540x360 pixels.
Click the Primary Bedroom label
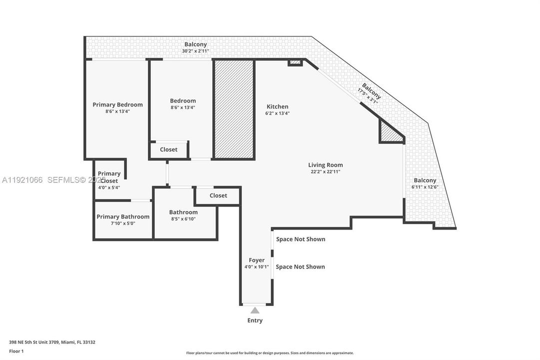pyautogui.click(x=117, y=104)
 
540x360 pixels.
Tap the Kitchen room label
pyautogui.click(x=277, y=106)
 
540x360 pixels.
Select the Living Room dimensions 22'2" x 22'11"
pyautogui.click(x=325, y=171)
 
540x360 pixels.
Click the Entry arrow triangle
pyautogui.click(x=255, y=310)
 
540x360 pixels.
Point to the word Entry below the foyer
pyautogui.click(x=255, y=320)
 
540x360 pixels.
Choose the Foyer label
pyautogui.click(x=257, y=260)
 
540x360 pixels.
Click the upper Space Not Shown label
pyautogui.click(x=300, y=239)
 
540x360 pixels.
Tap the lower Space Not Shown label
pyautogui.click(x=300, y=266)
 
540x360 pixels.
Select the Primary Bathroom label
pyautogui.click(x=123, y=216)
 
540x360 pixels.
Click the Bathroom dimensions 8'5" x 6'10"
pyautogui.click(x=183, y=219)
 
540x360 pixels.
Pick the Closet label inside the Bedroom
pyautogui.click(x=169, y=149)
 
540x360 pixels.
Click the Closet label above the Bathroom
pyautogui.click(x=218, y=195)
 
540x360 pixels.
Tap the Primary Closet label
pyautogui.click(x=109, y=177)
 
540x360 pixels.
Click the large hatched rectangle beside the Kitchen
pyautogui.click(x=234, y=109)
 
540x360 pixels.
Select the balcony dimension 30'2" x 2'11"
pyautogui.click(x=195, y=51)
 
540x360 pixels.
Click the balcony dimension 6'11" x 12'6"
pyautogui.click(x=425, y=187)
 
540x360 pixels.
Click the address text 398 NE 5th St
pyautogui.click(x=52, y=342)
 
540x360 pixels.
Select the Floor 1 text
pyautogui.click(x=16, y=351)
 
